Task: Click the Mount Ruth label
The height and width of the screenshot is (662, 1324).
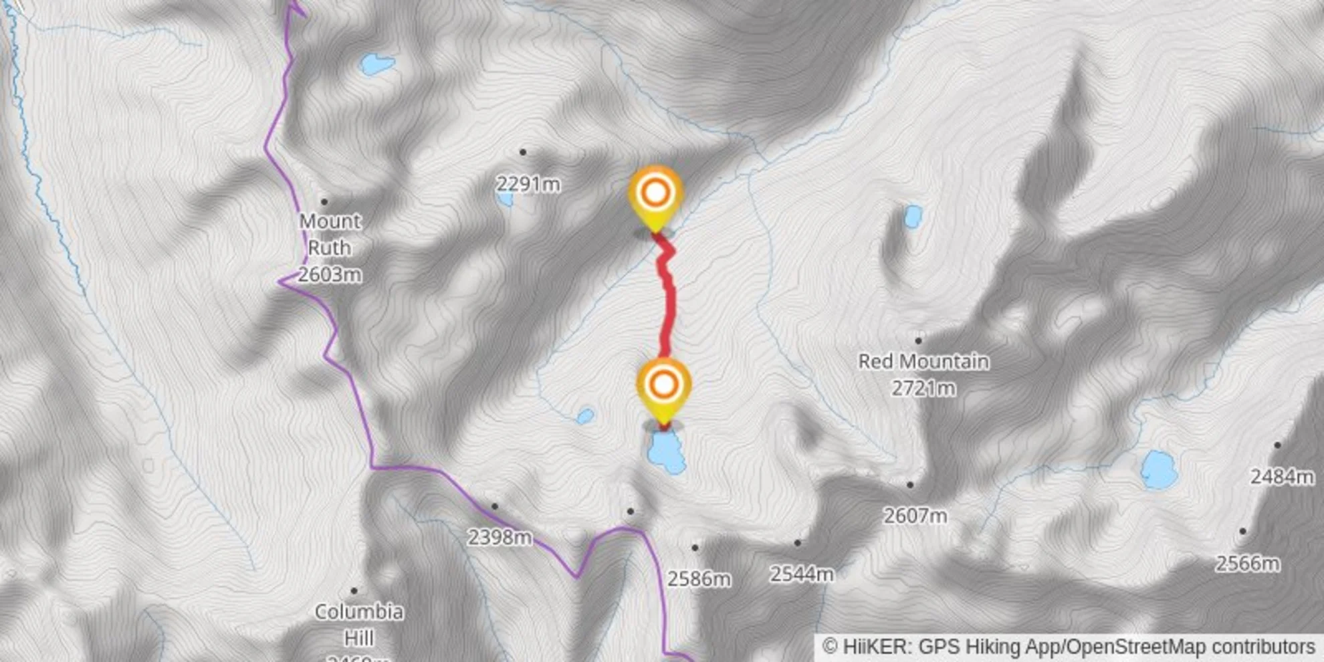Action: click(x=330, y=234)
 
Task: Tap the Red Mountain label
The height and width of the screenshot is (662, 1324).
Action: click(x=923, y=362)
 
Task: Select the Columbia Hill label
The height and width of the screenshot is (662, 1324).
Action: click(x=358, y=625)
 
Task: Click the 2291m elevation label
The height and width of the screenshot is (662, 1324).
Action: click(x=528, y=184)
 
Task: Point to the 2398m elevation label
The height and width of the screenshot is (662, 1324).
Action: click(x=500, y=537)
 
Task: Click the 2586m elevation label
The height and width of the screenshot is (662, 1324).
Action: click(x=699, y=579)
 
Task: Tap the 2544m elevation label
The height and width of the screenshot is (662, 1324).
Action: click(x=802, y=574)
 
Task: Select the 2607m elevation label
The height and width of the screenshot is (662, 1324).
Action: click(x=915, y=516)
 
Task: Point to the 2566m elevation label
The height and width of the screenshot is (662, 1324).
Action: click(x=1247, y=564)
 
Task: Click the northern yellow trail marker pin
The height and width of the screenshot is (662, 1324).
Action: click(x=655, y=194)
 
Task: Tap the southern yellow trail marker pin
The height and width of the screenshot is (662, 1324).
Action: click(x=663, y=387)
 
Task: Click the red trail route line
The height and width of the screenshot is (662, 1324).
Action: click(x=668, y=308)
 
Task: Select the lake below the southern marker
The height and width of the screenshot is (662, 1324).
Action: click(x=666, y=452)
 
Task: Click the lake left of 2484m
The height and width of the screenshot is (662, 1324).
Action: click(x=1159, y=469)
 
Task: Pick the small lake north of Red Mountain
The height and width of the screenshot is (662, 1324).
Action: click(x=912, y=217)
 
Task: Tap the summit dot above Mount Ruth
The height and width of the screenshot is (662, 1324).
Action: click(x=324, y=201)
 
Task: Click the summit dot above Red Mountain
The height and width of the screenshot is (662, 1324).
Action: click(x=918, y=341)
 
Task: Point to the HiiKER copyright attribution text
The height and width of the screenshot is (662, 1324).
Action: click(x=1069, y=647)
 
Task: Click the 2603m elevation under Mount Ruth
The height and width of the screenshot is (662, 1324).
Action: click(x=330, y=274)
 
